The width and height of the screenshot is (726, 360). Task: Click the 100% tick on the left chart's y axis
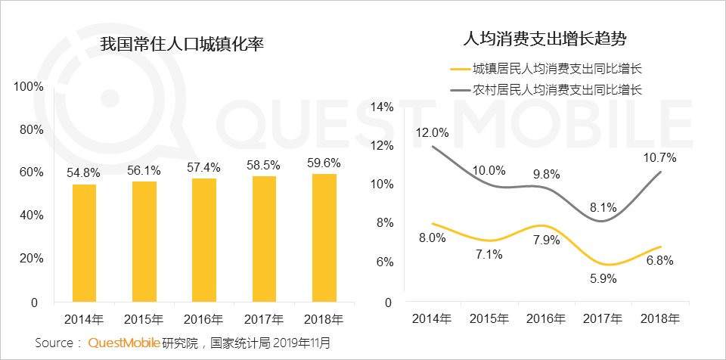[29, 87]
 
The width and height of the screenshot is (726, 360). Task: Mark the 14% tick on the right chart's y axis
[383, 107]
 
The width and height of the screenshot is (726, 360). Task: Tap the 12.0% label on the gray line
[433, 132]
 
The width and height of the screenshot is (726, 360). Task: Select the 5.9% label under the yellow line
[602, 278]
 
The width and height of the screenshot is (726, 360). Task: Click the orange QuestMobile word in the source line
[124, 343]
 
